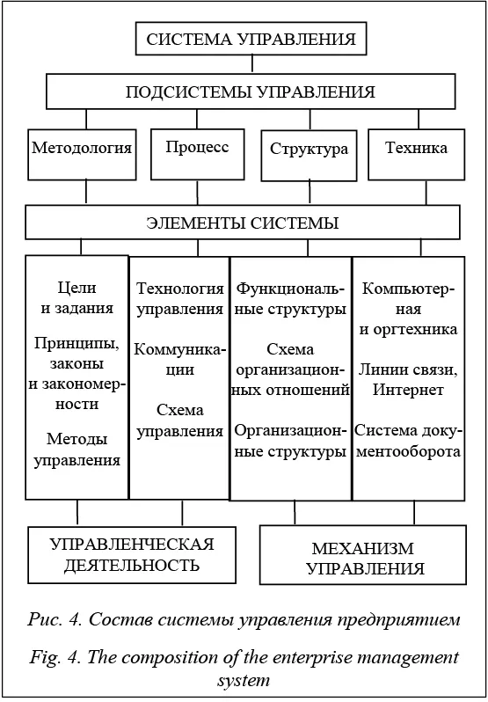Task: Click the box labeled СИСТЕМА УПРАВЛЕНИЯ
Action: click(251, 39)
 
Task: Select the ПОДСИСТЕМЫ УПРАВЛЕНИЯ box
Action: click(251, 91)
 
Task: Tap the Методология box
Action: click(82, 155)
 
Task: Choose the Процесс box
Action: click(198, 154)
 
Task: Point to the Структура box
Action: click(310, 156)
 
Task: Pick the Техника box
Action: click(417, 155)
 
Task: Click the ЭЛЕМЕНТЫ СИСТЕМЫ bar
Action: click(243, 223)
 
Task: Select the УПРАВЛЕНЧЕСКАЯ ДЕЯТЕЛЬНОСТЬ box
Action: click(132, 555)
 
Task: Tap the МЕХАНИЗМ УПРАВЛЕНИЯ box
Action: click(363, 555)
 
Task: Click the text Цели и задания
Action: click(77, 297)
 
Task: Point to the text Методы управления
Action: click(77, 449)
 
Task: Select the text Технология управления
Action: click(180, 298)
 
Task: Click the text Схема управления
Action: click(180, 420)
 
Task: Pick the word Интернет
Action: click(409, 390)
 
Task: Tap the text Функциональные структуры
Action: click(291, 298)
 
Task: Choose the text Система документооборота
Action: click(408, 441)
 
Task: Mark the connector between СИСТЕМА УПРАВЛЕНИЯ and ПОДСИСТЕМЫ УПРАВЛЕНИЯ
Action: click(251, 65)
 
